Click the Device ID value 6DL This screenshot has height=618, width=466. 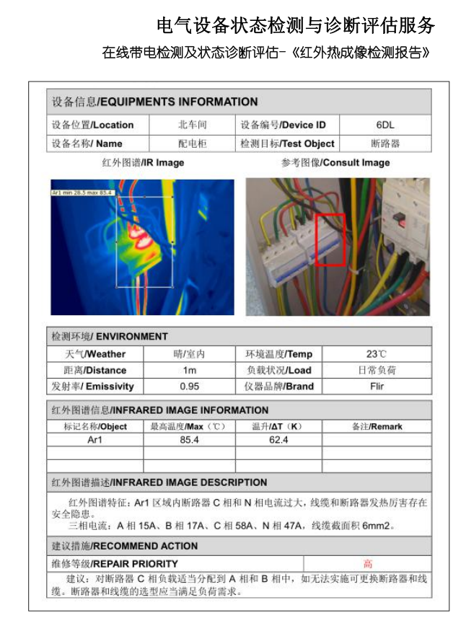click(384, 125)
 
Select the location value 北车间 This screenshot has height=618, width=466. click(193, 125)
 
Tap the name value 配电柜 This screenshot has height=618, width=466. click(193, 144)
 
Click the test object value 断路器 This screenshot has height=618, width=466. click(385, 144)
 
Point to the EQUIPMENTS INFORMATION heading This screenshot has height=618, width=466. click(154, 102)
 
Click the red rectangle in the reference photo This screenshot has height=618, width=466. click(330, 239)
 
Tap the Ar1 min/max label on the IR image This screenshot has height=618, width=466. click(83, 193)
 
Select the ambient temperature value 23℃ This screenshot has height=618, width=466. click(377, 354)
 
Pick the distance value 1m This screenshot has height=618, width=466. click(190, 370)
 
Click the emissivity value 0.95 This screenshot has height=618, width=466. click(190, 386)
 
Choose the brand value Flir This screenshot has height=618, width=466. click(377, 386)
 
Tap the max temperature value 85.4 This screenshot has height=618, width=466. click(190, 440)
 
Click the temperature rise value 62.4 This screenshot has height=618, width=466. click(278, 440)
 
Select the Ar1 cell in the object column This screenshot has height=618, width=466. click(95, 440)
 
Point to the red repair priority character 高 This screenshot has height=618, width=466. click(368, 563)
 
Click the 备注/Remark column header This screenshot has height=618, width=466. click(377, 426)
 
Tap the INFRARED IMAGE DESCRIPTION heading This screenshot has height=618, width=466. click(159, 482)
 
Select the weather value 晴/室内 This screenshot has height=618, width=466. click(190, 354)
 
